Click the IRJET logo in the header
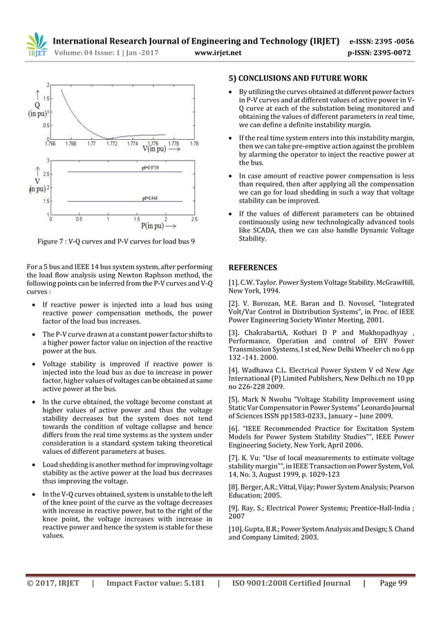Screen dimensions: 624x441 click(x=36, y=45)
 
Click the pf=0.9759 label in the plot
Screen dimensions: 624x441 click(x=150, y=167)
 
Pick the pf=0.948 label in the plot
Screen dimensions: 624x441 click(x=149, y=197)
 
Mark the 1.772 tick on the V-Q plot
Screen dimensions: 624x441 click(x=111, y=144)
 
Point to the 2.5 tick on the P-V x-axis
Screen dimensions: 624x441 click(x=194, y=219)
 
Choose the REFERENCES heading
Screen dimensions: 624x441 click(x=252, y=267)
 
